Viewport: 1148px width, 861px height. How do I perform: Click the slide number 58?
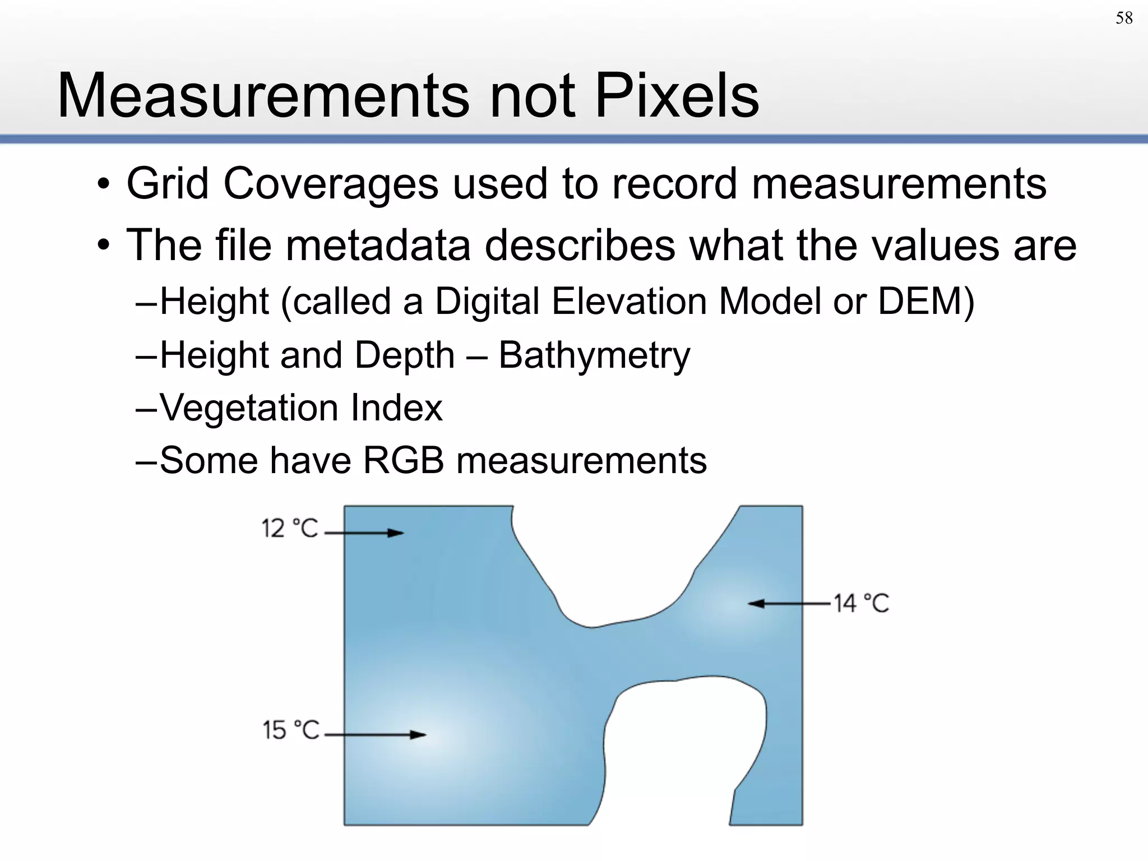coord(1124,18)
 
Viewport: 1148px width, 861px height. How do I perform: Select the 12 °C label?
coord(290,529)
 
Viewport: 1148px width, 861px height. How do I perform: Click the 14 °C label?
coord(861,604)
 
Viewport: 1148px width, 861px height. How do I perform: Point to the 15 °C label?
coord(291,730)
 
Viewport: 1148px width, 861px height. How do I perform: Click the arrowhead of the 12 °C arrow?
coord(397,533)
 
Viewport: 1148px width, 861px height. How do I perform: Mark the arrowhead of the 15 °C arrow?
coord(419,734)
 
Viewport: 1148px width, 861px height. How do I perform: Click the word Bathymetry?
coord(594,356)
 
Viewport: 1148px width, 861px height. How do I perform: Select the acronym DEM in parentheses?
coord(919,302)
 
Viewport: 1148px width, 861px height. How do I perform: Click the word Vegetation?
coord(249,408)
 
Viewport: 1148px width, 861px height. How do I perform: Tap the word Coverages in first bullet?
coord(331,184)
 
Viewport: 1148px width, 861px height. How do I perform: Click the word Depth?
coord(404,356)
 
